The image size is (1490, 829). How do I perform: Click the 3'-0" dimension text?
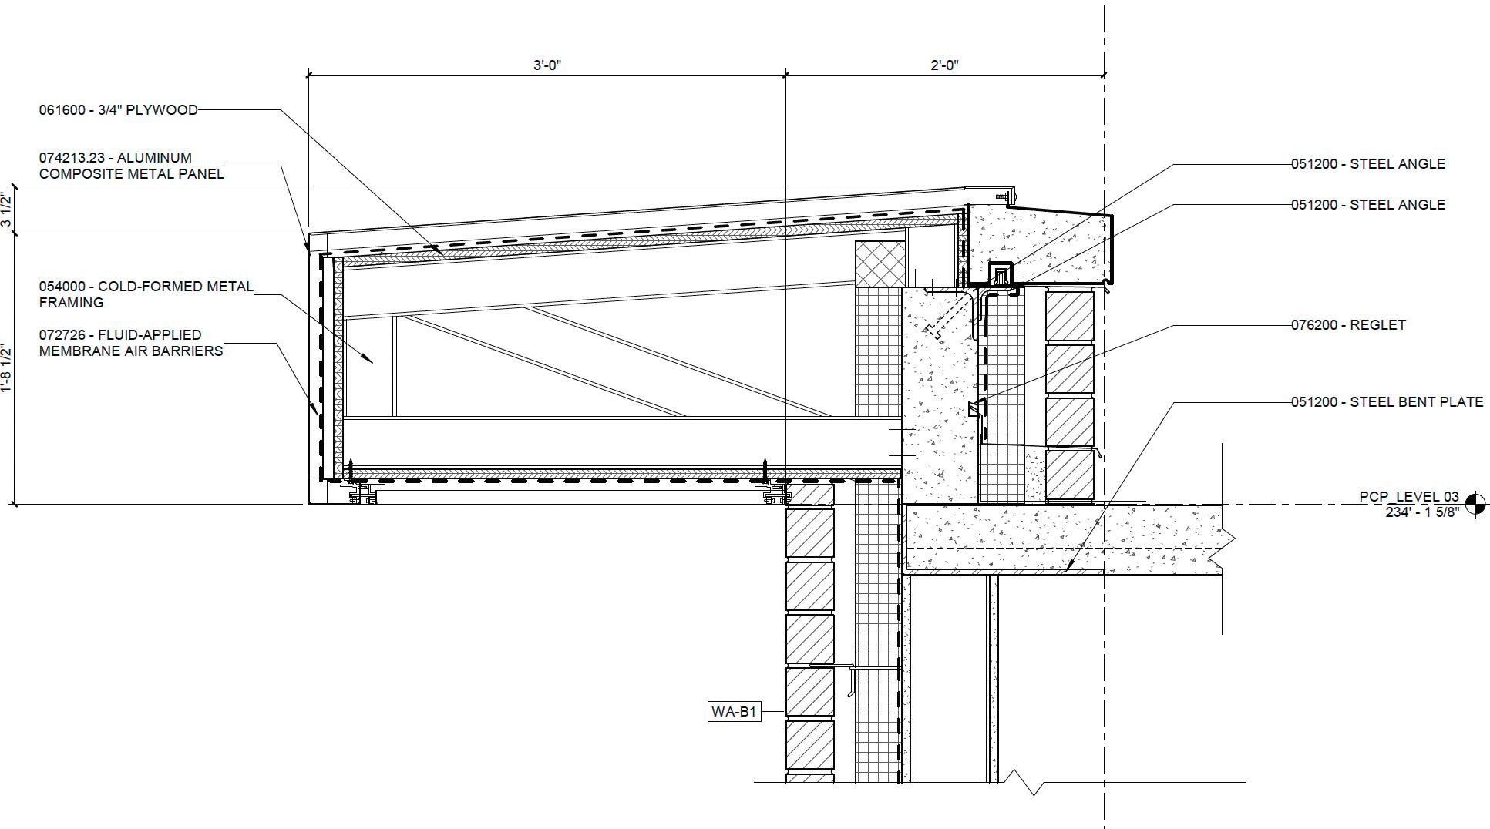click(547, 65)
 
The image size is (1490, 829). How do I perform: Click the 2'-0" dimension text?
click(944, 65)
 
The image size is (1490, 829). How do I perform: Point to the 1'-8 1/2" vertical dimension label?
click(7, 368)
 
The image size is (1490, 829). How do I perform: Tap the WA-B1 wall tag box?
click(734, 711)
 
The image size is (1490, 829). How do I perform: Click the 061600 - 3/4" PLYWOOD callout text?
click(119, 110)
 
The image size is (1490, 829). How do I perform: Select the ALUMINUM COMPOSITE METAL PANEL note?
click(131, 166)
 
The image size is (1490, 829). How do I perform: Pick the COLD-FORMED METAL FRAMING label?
click(146, 294)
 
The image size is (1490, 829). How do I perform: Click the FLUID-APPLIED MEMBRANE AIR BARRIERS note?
click(131, 343)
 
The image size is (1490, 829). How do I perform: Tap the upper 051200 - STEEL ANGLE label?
click(1368, 164)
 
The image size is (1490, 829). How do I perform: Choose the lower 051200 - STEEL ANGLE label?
click(1368, 205)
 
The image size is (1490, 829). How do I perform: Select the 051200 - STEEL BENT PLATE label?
click(1387, 402)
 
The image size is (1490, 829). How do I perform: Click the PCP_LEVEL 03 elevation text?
click(1409, 497)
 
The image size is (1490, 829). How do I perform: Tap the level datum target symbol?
click(1475, 505)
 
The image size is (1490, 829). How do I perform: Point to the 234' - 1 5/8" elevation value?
click(1422, 512)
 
